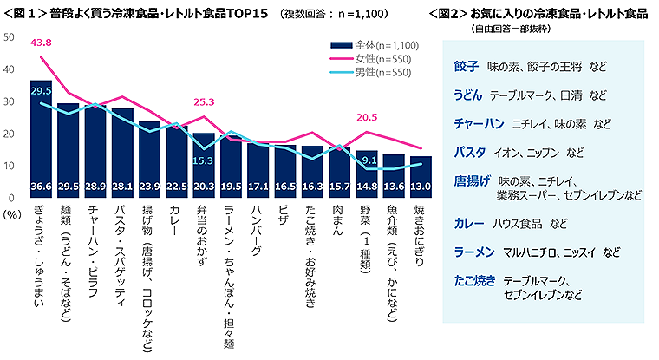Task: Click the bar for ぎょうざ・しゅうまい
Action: click(41, 139)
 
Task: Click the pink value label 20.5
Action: click(367, 119)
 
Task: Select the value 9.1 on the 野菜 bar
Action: click(368, 159)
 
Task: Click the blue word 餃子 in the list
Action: click(467, 66)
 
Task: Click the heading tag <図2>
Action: click(446, 14)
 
